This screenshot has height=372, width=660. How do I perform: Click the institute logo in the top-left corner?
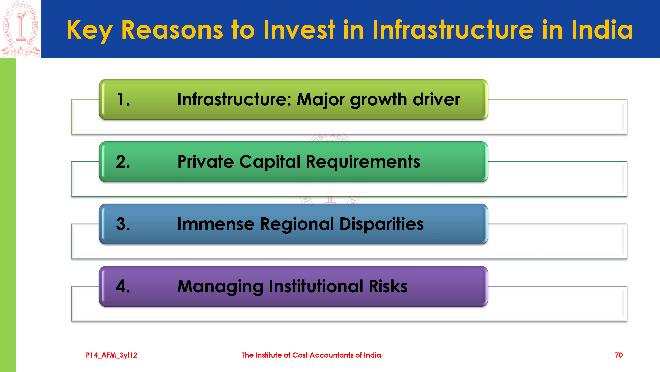(x=20, y=29)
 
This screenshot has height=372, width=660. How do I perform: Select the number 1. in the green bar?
(x=123, y=99)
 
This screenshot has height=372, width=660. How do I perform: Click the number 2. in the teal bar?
(x=123, y=162)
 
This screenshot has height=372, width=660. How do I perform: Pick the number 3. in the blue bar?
(x=123, y=224)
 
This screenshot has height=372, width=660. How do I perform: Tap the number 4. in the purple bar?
(x=123, y=286)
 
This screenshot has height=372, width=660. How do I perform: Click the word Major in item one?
(x=320, y=100)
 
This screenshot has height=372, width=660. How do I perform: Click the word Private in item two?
(x=206, y=162)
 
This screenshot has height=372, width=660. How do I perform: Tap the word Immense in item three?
(x=216, y=224)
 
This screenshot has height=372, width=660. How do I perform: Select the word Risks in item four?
(x=388, y=286)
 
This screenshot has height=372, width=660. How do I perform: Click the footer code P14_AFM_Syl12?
(x=112, y=355)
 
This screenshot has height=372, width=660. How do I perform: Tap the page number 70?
(x=619, y=355)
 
